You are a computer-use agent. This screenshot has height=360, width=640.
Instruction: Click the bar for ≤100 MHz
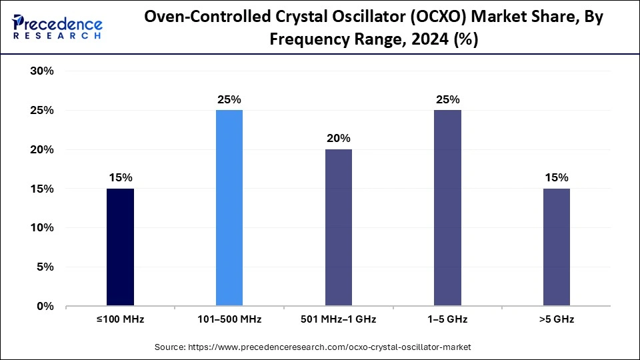click(120, 247)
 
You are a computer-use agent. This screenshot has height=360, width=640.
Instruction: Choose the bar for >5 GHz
click(556, 247)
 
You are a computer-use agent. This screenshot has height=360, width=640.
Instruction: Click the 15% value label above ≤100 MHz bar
click(120, 177)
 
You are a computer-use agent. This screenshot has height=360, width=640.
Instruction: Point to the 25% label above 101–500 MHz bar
click(229, 99)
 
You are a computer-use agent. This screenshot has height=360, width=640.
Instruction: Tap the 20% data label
click(339, 139)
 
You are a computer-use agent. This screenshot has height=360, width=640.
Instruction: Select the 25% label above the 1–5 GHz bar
click(447, 99)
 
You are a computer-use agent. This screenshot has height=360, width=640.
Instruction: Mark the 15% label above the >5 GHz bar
click(556, 177)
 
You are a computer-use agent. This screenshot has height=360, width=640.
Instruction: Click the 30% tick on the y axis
click(42, 71)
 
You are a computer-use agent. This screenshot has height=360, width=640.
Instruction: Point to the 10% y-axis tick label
click(42, 228)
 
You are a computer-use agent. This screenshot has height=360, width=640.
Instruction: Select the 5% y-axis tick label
click(45, 267)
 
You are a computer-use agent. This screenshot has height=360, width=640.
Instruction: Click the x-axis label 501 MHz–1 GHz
click(339, 319)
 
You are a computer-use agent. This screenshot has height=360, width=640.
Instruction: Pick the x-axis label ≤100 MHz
click(120, 319)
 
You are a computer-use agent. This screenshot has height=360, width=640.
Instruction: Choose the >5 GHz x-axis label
click(556, 319)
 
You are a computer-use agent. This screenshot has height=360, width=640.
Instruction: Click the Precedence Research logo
click(57, 26)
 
